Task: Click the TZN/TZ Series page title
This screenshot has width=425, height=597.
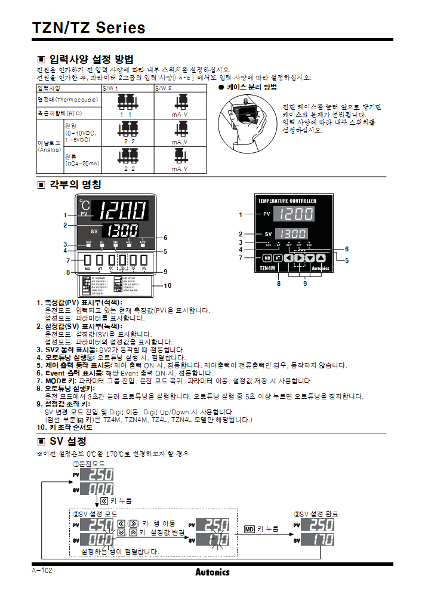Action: pos(88,27)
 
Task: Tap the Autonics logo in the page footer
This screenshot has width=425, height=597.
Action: pos(212,572)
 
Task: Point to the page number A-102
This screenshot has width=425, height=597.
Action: pos(42,571)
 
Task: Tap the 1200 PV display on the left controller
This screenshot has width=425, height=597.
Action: pos(122,211)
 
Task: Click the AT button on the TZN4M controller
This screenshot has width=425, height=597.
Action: pos(278,258)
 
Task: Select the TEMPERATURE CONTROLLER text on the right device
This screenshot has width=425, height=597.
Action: pos(287,201)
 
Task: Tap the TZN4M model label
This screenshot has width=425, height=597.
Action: pos(268,269)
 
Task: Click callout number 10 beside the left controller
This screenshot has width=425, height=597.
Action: pos(167,285)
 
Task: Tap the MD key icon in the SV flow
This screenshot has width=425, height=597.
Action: pos(250,529)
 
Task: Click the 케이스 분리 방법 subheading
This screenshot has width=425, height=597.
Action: pos(251,87)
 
